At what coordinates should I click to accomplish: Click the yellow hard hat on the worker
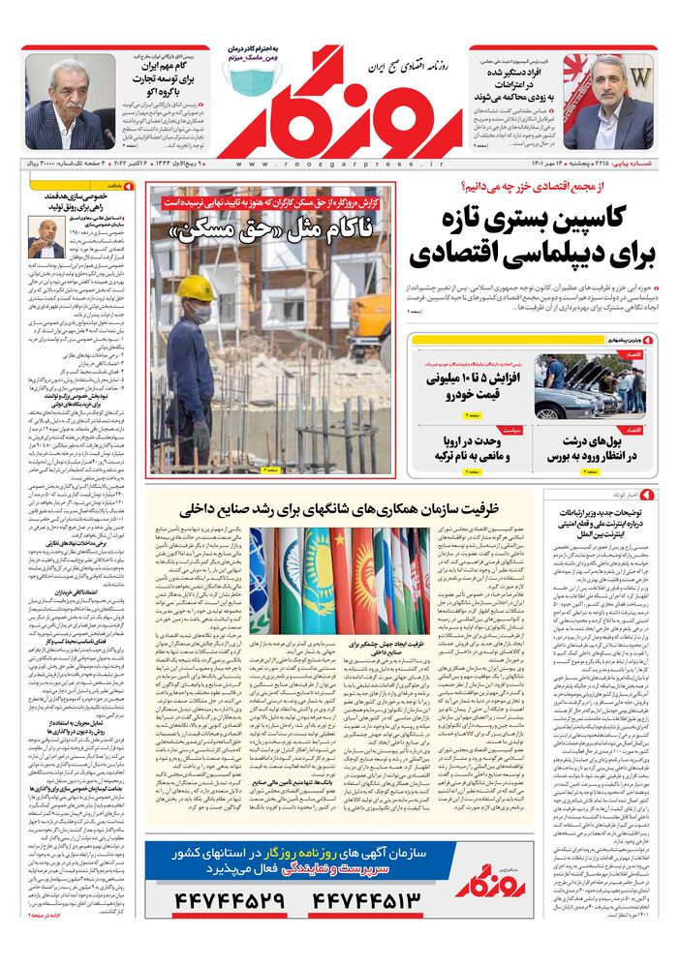[x=196, y=288]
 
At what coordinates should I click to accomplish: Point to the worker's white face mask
[x=200, y=313]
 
